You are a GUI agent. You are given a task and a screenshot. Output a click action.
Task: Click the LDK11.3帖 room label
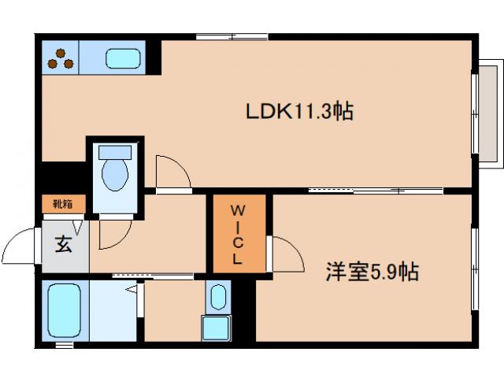pyautogui.click(x=299, y=112)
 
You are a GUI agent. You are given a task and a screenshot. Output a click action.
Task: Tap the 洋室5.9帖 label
pyautogui.click(x=372, y=272)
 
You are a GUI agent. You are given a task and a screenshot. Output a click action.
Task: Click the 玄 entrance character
pyautogui.click(x=63, y=244)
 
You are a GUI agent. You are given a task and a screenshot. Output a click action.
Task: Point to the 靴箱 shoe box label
pyautogui.click(x=63, y=205)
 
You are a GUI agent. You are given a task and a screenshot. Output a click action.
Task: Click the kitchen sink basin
pyautogui.click(x=123, y=57)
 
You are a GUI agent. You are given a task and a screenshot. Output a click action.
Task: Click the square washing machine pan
pyautogui.click(x=217, y=327)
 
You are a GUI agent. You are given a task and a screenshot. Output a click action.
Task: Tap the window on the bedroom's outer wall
pyautogui.click(x=475, y=268)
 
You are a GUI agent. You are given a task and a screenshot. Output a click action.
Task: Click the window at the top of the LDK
pyautogui.click(x=232, y=35)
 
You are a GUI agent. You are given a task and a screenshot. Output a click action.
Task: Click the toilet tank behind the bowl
pyautogui.click(x=116, y=150)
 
